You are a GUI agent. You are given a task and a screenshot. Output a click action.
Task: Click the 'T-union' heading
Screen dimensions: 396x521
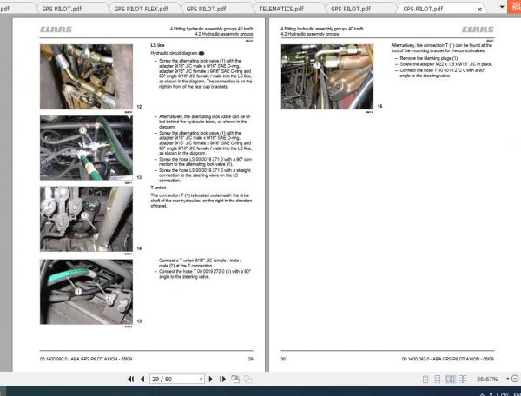159,188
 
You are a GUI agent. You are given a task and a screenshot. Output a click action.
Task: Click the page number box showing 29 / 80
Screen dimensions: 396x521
173,379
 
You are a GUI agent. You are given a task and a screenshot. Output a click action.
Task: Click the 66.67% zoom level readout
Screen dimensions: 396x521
485,379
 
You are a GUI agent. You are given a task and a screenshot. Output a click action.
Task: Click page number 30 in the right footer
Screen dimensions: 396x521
283,359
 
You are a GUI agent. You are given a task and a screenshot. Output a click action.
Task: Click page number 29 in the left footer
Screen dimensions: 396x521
250,359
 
